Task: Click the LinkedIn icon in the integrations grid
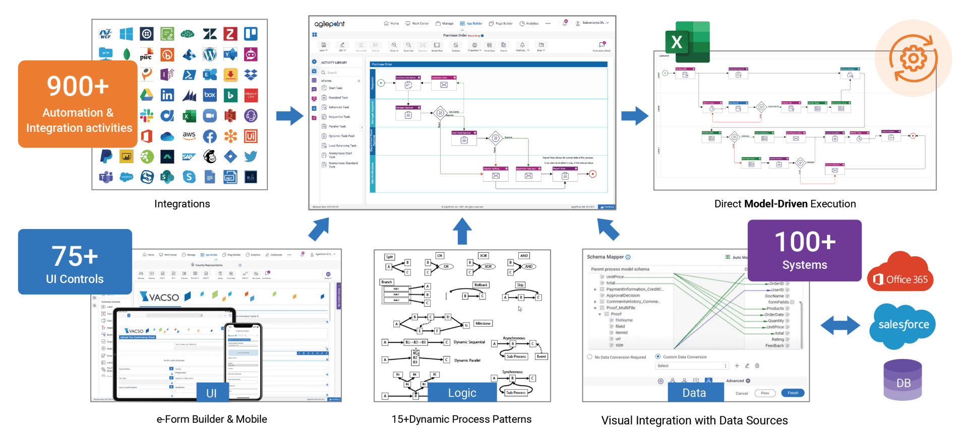click(x=167, y=95)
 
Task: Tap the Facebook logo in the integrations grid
click(x=210, y=136)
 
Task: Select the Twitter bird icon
click(x=251, y=157)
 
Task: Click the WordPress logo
click(x=210, y=54)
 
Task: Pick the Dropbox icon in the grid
click(x=251, y=75)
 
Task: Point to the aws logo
click(x=189, y=135)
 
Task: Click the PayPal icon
click(x=106, y=157)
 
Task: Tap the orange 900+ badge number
click(x=78, y=86)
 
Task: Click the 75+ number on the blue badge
click(x=75, y=256)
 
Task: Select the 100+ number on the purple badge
click(x=805, y=242)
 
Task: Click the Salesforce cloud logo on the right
click(x=903, y=326)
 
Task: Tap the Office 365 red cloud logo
click(x=900, y=274)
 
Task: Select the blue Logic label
click(x=462, y=393)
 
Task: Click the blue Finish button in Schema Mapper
click(x=793, y=393)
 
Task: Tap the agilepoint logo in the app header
click(x=329, y=24)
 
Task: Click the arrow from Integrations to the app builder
click(x=289, y=116)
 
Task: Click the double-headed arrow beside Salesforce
click(x=840, y=325)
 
